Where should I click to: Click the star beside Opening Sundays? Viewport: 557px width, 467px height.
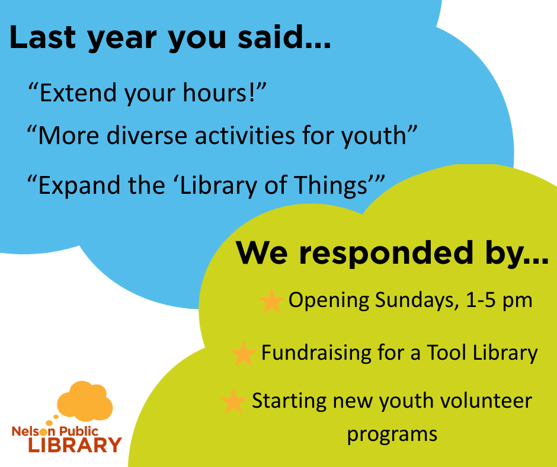pos(272,301)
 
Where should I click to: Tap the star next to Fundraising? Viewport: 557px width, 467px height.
pos(244,354)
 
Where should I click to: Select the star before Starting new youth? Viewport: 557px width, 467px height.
pos(233,402)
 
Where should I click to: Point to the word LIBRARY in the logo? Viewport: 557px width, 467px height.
pos(75,445)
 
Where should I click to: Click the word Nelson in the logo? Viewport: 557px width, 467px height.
pos(33,431)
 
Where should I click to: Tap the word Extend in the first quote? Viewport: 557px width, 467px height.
pos(78,93)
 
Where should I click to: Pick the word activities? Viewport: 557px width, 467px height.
pos(245,136)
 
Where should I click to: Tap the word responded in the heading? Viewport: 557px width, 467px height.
pos(386,252)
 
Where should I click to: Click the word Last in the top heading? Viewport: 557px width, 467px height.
pos(43,37)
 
